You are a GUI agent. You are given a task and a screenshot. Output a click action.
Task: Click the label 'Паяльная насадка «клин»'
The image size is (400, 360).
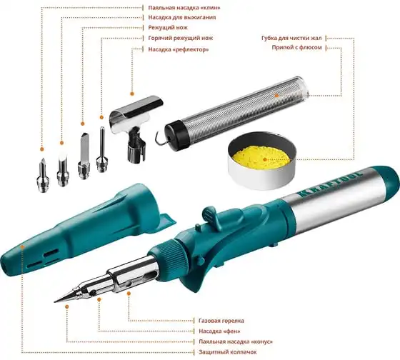pos(184,8)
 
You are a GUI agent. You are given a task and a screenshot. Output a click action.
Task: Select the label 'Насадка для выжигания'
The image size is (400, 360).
pos(182,17)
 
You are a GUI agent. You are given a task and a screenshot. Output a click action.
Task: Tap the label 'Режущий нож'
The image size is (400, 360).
pos(168,27)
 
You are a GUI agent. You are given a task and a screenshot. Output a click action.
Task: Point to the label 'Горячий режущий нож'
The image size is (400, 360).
pos(180,38)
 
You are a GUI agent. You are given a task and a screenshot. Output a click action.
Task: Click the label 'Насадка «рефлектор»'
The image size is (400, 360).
pos(179,49)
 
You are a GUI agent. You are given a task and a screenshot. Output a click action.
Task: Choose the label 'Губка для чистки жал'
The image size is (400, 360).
pos(291,39)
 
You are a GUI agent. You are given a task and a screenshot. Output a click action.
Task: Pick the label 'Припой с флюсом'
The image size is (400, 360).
pos(296,47)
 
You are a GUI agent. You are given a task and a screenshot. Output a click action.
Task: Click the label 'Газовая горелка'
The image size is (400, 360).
pos(221,321)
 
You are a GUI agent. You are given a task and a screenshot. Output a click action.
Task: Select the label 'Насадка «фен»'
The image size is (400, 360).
pos(219,331)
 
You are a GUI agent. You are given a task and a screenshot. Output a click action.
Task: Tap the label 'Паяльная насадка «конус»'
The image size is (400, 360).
pos(236,341)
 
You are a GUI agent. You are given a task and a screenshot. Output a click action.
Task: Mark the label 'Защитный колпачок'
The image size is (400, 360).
pos(228,352)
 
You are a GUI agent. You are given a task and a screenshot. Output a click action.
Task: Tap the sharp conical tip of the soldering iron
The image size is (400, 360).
pos(54,302)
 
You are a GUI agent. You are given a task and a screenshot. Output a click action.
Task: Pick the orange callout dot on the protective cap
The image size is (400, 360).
pos(22,247)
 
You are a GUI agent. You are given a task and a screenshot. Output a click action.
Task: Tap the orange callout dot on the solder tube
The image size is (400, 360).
pos(276,96)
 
